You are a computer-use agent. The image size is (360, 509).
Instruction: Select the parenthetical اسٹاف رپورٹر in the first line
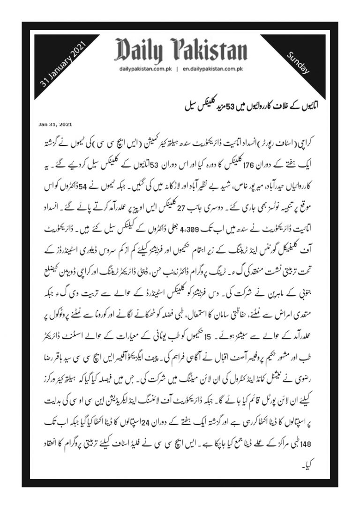click(278, 140)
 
